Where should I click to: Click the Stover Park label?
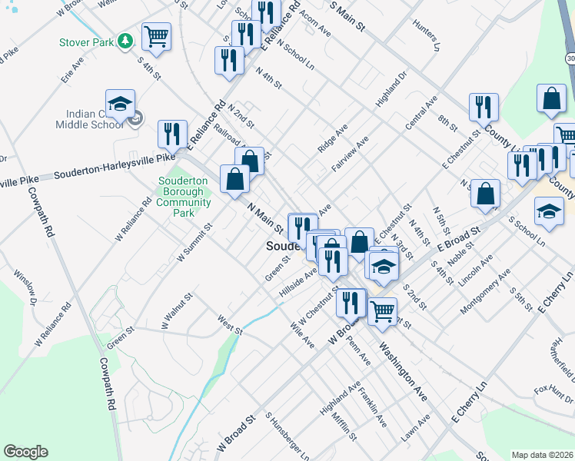85,41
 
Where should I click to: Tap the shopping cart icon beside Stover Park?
156,37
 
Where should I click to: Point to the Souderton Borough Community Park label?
184,197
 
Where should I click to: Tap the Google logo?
25,452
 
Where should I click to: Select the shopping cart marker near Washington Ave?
382,311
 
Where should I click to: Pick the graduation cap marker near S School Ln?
549,212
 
